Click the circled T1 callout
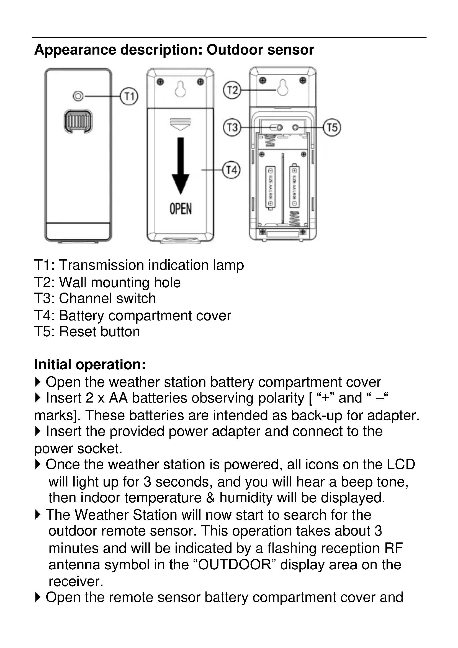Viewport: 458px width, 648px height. pyautogui.click(x=129, y=96)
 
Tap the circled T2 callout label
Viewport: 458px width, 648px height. pyautogui.click(x=232, y=90)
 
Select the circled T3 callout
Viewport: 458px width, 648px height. pyautogui.click(x=232, y=127)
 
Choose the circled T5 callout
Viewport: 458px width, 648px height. pyautogui.click(x=332, y=127)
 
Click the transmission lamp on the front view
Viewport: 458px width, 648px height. pyautogui.click(x=78, y=96)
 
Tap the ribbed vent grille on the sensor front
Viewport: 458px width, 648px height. pyautogui.click(x=78, y=121)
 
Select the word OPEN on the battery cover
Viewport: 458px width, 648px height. pyautogui.click(x=181, y=209)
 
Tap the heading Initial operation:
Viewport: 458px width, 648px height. pyautogui.click(x=90, y=364)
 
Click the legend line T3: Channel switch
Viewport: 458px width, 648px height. pyautogui.click(x=95, y=299)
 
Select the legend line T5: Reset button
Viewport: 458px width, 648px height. pyautogui.click(x=87, y=332)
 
